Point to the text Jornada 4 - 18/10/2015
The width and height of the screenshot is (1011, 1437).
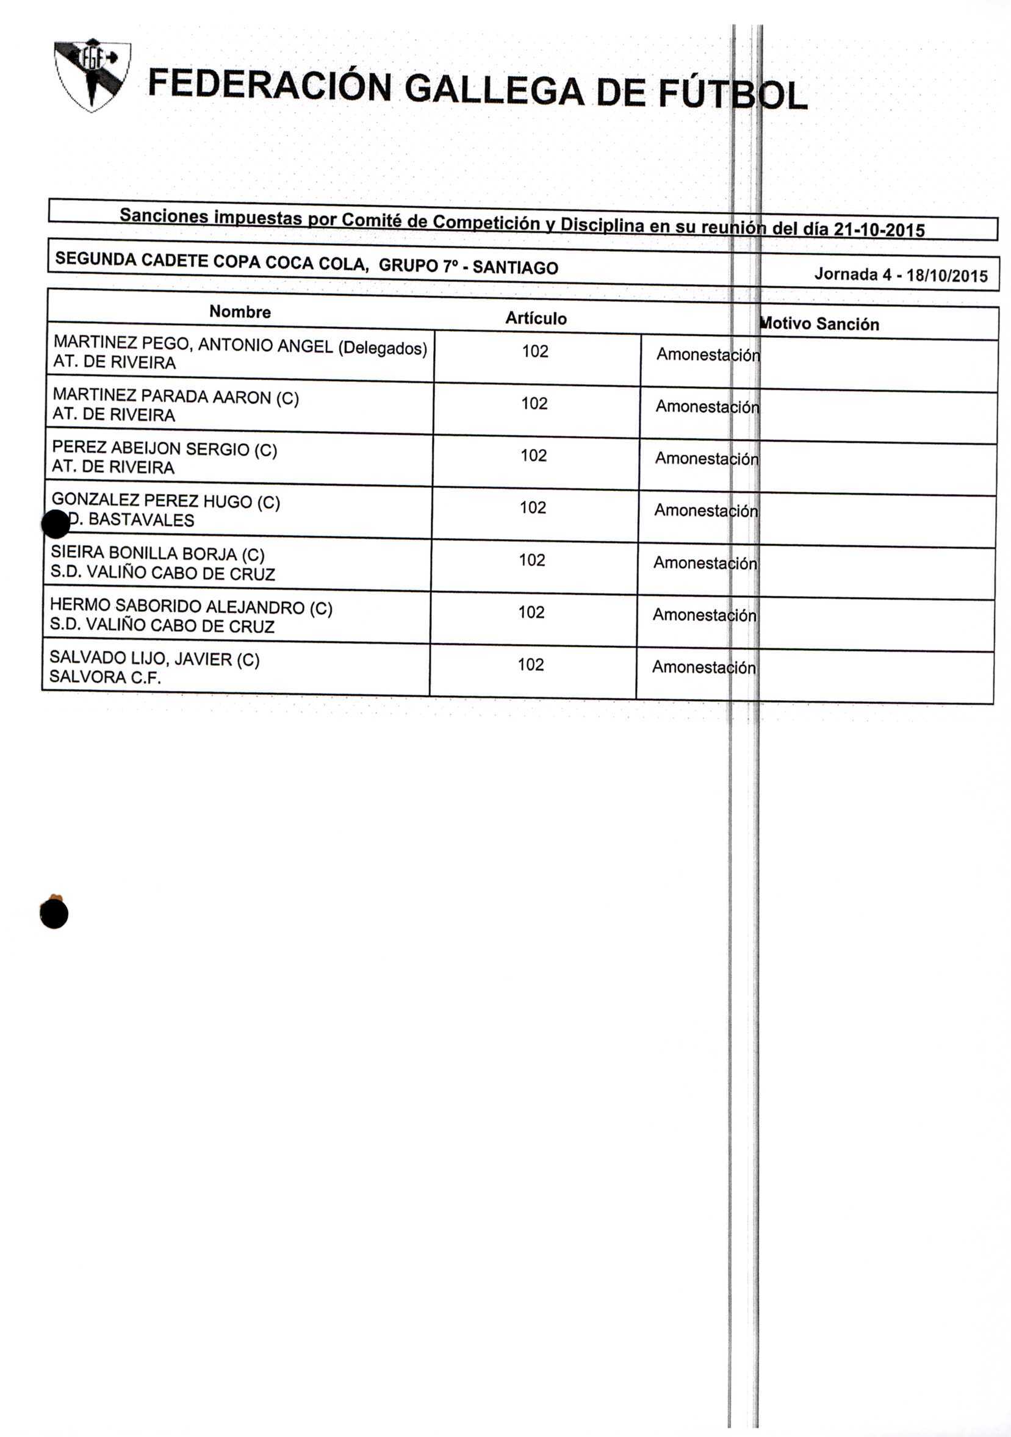click(x=901, y=274)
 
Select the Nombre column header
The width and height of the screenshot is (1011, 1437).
click(x=240, y=312)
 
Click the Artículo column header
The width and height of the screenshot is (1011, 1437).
click(x=536, y=318)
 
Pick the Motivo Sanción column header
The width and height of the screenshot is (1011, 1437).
click(x=819, y=324)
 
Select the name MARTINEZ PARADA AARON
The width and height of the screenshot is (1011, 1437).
click(x=175, y=396)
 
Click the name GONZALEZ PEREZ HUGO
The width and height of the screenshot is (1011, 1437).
click(x=165, y=501)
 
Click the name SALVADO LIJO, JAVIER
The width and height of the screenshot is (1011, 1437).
click(x=154, y=658)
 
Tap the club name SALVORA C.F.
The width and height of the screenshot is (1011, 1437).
click(x=104, y=677)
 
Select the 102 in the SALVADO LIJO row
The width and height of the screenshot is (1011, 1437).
click(x=531, y=665)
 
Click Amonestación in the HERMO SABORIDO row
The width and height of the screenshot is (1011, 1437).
click(x=704, y=615)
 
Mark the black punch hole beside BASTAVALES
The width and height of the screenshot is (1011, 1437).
click(x=55, y=523)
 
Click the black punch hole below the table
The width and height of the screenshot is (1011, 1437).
click(x=54, y=914)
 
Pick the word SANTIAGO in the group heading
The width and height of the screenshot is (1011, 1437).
click(x=514, y=267)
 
